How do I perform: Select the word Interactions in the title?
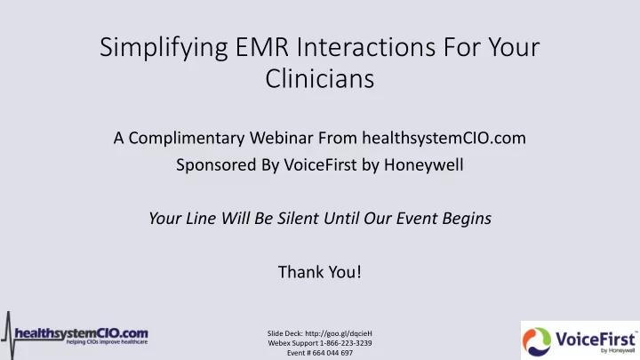[366, 47]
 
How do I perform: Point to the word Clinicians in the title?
[320, 78]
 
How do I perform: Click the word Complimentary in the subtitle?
[187, 139]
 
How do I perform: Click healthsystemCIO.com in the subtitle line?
[444, 139]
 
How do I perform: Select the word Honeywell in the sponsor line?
[424, 165]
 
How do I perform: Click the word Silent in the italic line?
[299, 219]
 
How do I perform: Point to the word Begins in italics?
[467, 220]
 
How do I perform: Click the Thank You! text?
[320, 272]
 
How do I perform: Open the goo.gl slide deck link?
[339, 333]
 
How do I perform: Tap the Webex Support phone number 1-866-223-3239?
[346, 343]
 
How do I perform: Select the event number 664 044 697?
[332, 353]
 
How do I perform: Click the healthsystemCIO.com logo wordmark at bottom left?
[81, 333]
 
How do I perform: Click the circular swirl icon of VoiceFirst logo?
[536, 341]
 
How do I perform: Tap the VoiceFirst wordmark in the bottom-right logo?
[595, 340]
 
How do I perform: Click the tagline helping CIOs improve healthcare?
[107, 342]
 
